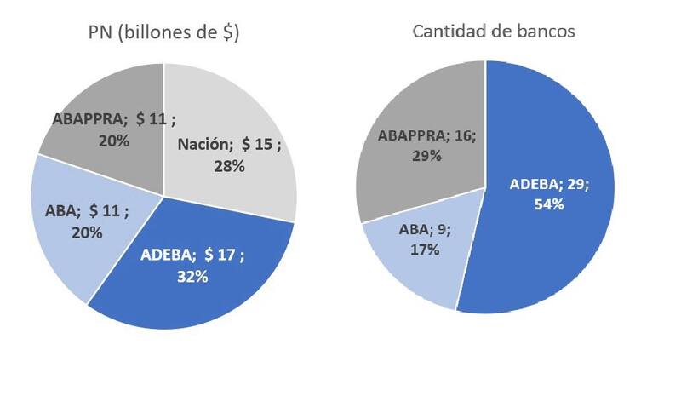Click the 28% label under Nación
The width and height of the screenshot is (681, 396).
229,166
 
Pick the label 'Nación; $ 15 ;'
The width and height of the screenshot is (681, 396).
229,146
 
